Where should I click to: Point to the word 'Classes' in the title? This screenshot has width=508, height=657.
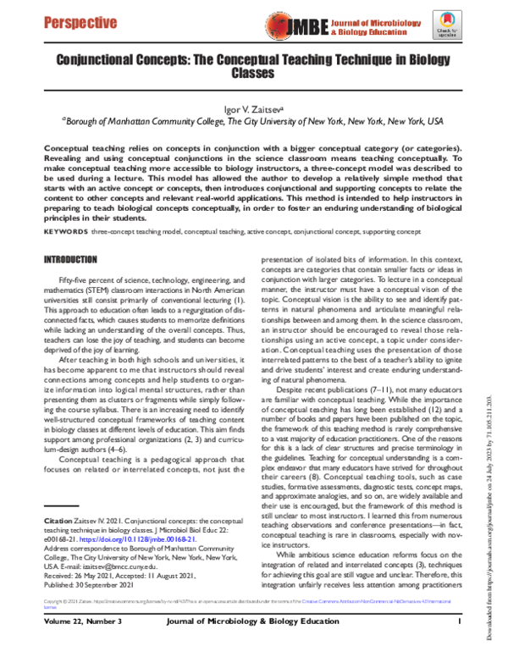[x=253, y=74]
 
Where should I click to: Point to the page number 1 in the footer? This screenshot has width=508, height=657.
[x=457, y=644]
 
